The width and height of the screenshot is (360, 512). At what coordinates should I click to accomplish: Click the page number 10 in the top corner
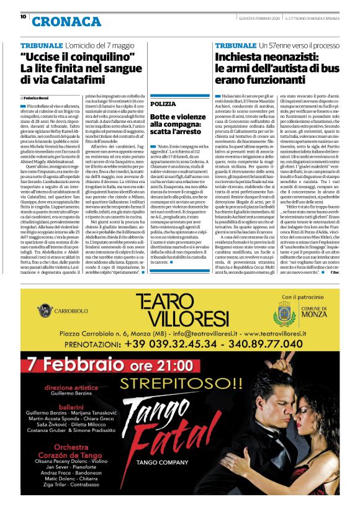(x=23, y=17)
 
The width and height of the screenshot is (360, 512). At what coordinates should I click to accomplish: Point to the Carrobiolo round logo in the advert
(x=43, y=309)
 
